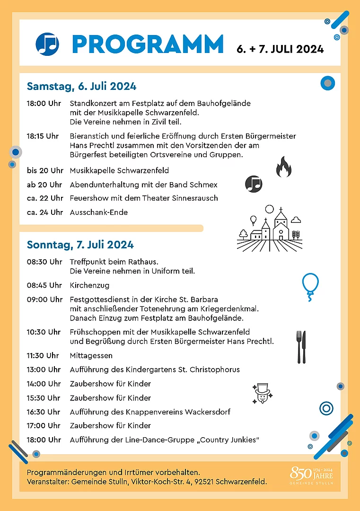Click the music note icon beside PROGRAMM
tap(47, 44)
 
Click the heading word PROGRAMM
tap(148, 44)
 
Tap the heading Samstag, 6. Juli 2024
tap(81, 86)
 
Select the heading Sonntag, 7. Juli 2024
tap(80, 245)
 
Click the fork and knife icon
tap(301, 347)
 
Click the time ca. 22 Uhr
tap(45, 198)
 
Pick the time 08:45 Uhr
tap(44, 285)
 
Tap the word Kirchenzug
tap(89, 285)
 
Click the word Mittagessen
tap(91, 355)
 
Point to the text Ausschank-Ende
tap(99, 212)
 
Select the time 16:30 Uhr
tap(44, 412)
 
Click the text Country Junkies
tap(230, 440)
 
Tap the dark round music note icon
tap(254, 184)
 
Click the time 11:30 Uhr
tap(43, 355)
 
